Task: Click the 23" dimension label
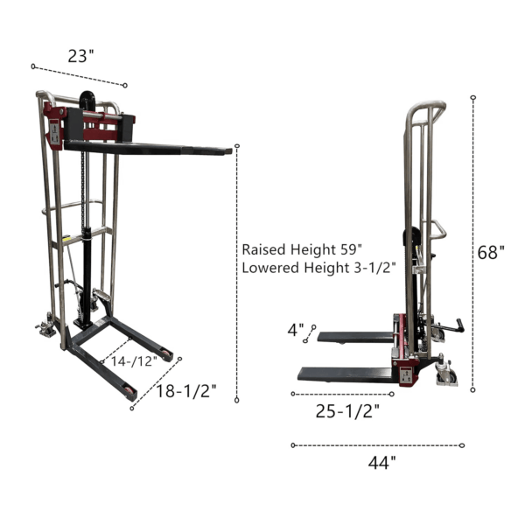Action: click(81, 56)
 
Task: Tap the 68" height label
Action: click(491, 252)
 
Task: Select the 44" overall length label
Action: click(381, 463)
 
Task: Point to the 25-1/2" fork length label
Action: click(347, 411)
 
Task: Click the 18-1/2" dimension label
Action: click(186, 391)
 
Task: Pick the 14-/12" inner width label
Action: click(134, 361)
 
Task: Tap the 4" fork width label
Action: click(296, 330)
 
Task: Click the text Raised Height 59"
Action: click(302, 249)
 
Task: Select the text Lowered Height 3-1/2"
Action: click(318, 268)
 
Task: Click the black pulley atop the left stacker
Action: click(87, 100)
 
